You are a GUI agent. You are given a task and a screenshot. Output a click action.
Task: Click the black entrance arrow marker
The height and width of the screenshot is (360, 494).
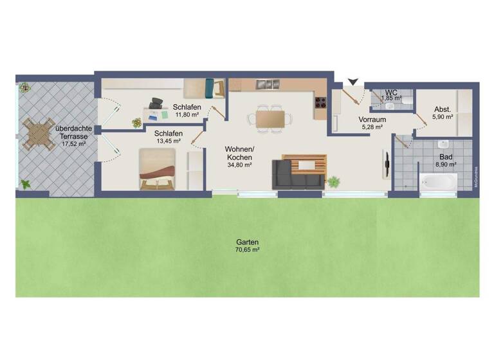point(352,81)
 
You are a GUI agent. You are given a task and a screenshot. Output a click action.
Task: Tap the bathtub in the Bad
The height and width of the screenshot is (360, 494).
point(438,183)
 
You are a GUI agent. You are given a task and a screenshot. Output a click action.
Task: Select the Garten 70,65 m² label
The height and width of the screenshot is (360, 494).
point(246,245)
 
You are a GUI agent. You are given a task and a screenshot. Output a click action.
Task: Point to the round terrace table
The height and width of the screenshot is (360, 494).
point(39,135)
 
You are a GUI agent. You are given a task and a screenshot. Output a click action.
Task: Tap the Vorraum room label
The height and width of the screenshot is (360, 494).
point(372,120)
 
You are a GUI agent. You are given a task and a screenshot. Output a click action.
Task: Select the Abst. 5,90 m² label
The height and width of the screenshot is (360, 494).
point(443,113)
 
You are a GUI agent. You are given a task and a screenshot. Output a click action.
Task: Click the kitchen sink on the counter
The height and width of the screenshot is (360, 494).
point(266,84)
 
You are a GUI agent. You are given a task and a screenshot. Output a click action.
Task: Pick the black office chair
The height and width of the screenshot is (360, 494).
point(157,103)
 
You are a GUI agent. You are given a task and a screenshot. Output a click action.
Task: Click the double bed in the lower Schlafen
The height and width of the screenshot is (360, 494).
point(157,168)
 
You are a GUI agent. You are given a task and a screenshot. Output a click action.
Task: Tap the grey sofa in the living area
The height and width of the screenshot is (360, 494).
point(297,174)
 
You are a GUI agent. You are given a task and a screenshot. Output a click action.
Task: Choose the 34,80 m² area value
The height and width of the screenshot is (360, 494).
point(239,165)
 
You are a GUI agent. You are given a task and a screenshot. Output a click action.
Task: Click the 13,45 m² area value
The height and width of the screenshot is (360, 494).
point(169,140)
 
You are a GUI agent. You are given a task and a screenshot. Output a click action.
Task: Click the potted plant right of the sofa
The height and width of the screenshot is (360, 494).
point(333,182)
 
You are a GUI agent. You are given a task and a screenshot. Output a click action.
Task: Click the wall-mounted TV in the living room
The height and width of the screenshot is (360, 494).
point(386,163)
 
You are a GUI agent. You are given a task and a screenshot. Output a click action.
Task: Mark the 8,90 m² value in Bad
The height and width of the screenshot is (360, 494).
point(446,165)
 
